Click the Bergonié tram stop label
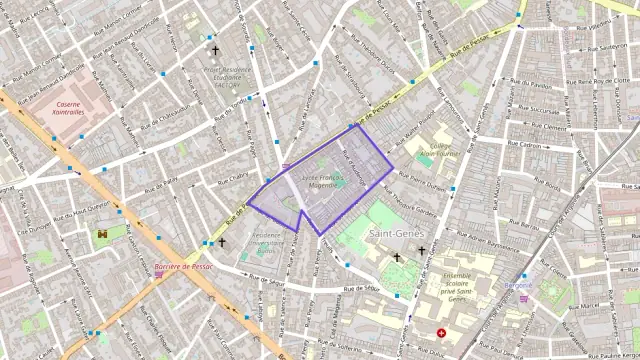tap(519, 285)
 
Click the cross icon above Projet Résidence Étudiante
tap(214, 49)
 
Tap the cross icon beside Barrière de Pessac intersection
tap(222, 242)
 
